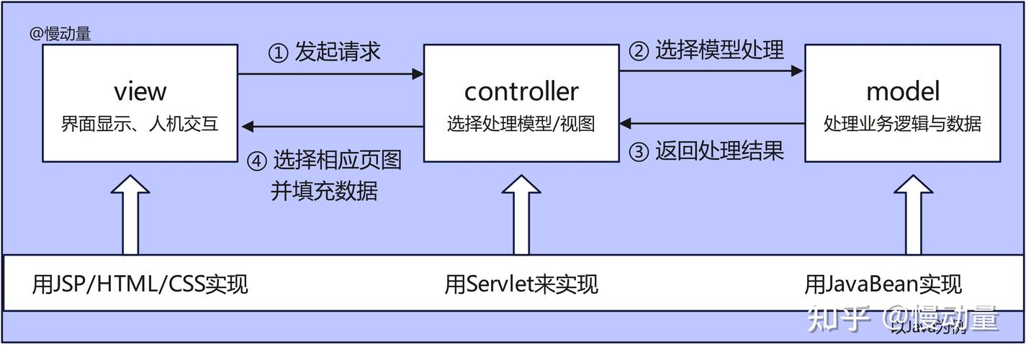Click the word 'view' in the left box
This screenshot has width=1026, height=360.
tap(140, 91)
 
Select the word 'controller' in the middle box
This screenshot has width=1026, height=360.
tap(521, 91)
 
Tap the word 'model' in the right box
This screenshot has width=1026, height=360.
tap(902, 91)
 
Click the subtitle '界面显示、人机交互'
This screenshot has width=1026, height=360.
tap(140, 124)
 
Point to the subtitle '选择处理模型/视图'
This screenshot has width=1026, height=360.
tap(521, 124)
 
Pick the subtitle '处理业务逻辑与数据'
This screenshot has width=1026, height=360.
tap(902, 124)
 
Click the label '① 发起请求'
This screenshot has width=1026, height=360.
tap(325, 52)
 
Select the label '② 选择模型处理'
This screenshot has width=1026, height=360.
tap(706, 50)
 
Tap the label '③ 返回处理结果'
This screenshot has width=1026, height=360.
tap(706, 151)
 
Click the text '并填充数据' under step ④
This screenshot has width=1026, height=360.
tap(324, 191)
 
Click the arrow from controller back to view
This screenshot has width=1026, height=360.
tap(332, 127)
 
